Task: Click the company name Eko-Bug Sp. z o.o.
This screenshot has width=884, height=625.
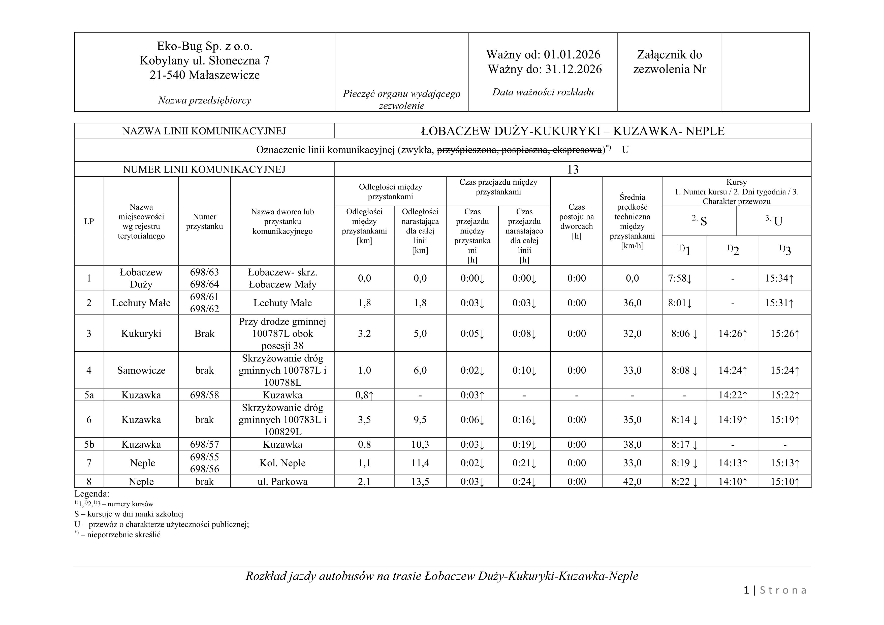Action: (x=204, y=46)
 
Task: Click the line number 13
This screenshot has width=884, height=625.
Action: (x=573, y=169)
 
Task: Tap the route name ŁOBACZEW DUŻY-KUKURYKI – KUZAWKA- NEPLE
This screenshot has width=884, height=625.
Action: (x=573, y=131)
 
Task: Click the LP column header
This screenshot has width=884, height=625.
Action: (x=89, y=221)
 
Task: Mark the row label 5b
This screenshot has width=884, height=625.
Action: (x=89, y=445)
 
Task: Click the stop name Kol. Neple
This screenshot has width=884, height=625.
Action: (x=282, y=463)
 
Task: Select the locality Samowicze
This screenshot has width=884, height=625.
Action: (x=141, y=370)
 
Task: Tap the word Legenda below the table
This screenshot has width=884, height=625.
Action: (x=92, y=494)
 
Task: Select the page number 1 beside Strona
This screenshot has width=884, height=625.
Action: (x=747, y=590)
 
